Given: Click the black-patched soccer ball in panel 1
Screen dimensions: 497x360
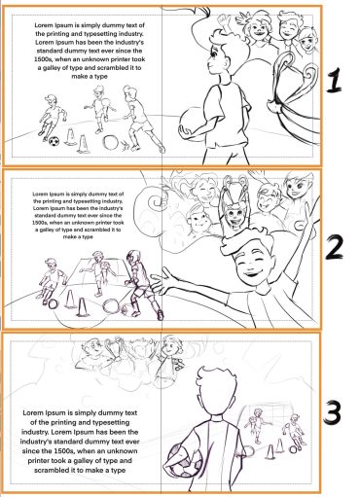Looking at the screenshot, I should click(x=54, y=142).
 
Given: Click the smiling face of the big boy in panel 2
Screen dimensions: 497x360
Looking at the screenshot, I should click(x=252, y=262).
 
